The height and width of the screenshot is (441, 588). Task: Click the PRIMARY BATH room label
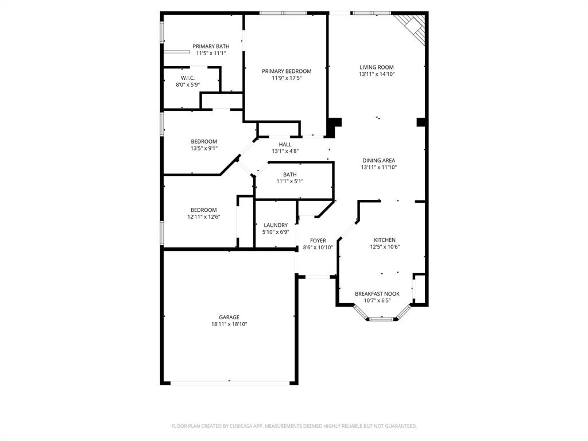click(211, 47)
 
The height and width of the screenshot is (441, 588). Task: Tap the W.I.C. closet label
click(188, 78)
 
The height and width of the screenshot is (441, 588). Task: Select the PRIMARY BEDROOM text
click(287, 71)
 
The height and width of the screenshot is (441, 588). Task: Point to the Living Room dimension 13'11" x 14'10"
click(377, 74)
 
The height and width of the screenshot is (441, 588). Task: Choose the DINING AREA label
click(378, 161)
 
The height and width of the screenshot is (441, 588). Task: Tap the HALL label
click(285, 145)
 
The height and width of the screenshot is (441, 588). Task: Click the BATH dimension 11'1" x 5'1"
click(289, 181)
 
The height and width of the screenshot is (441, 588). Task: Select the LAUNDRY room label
click(276, 225)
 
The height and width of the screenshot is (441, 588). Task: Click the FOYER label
click(318, 241)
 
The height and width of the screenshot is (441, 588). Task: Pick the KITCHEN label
click(385, 240)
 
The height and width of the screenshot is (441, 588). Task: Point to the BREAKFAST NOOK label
click(377, 293)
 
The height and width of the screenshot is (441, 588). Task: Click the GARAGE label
click(229, 317)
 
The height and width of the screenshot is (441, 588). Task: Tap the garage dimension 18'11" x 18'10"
click(229, 324)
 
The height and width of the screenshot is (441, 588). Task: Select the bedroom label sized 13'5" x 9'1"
click(204, 142)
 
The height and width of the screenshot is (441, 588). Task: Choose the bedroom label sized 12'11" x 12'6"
click(204, 210)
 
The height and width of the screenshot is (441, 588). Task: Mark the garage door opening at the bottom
click(229, 382)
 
